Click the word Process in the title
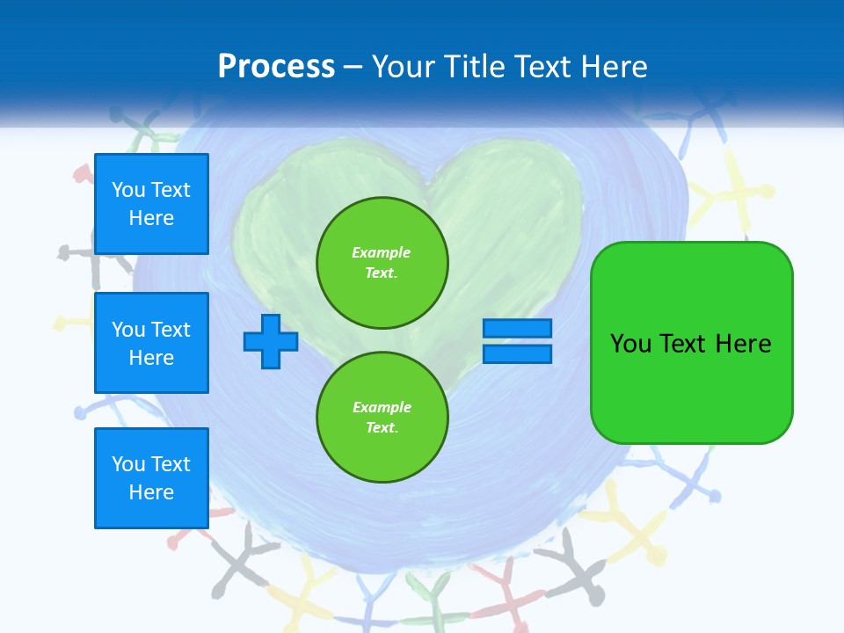point(276,67)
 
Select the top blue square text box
point(151,204)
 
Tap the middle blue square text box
point(151,343)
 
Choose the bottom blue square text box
point(151,478)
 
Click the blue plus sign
point(271,341)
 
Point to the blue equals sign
point(517,341)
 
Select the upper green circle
point(382,263)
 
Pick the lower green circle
point(382,418)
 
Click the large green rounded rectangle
point(691,342)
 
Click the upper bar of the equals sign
point(517,329)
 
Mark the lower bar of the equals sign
point(517,353)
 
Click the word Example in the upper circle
point(381,252)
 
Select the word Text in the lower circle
point(381,428)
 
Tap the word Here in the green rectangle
point(743,344)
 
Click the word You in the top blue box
point(127,190)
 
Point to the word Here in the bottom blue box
point(151,492)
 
